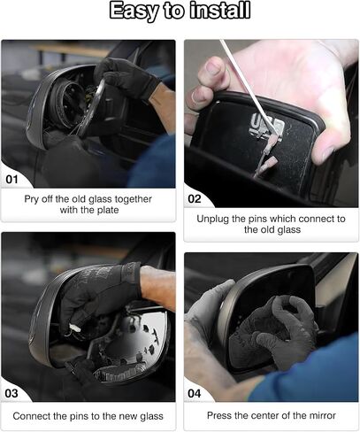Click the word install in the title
pyautogui.click(x=220, y=10)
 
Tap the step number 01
pyautogui.click(x=11, y=179)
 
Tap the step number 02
pyautogui.click(x=195, y=199)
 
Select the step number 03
pyautogui.click(x=11, y=393)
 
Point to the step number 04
pyautogui.click(x=195, y=393)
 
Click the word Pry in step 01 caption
pyautogui.click(x=31, y=199)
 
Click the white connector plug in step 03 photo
pyautogui.click(x=74, y=328)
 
